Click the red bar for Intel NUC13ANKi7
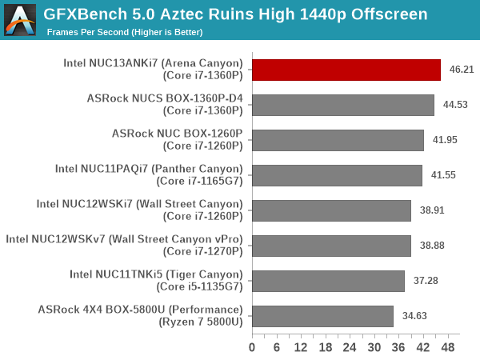(346, 70)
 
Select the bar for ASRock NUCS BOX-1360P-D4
(343, 105)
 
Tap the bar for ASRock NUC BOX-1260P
(338, 140)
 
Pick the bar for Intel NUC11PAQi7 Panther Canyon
(337, 175)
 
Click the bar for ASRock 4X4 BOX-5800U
(322, 316)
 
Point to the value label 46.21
(462, 70)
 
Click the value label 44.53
(455, 105)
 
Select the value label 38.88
(432, 246)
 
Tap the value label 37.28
(426, 281)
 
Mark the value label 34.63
(414, 316)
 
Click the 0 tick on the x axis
(253, 348)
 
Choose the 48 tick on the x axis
(448, 348)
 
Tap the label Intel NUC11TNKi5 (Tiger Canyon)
(156, 274)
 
